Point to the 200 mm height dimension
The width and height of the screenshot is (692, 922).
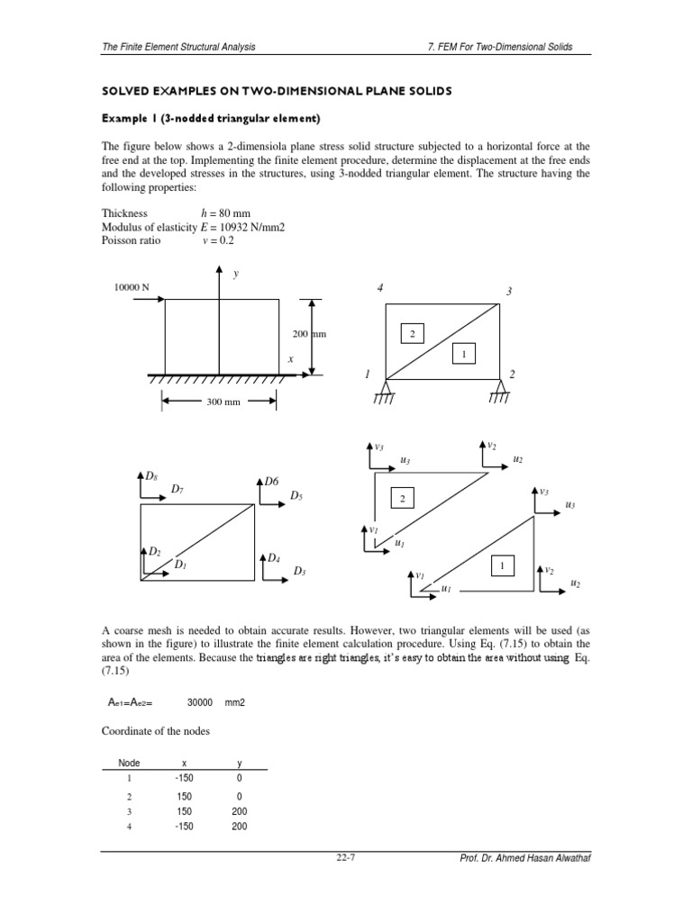point(307,333)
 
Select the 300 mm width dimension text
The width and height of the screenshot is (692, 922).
point(223,402)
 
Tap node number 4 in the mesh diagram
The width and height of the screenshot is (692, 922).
point(380,287)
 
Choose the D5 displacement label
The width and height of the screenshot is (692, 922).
point(296,495)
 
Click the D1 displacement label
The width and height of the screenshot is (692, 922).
point(180,565)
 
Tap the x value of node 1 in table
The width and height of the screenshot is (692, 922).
point(184,777)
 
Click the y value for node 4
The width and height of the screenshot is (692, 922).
point(239,827)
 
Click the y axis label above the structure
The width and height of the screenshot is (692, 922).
point(235,273)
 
